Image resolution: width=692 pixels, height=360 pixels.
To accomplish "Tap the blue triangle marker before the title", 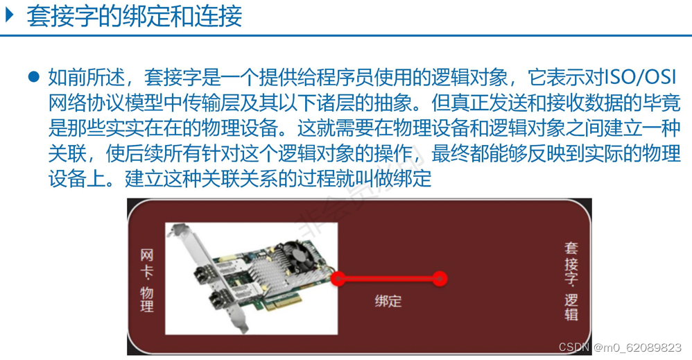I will click(x=10, y=15).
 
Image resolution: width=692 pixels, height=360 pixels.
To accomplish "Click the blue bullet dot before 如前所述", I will click(x=33, y=77).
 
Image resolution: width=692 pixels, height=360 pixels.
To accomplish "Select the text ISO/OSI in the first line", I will click(x=641, y=77).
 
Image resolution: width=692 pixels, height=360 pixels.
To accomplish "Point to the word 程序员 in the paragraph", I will click(x=354, y=77).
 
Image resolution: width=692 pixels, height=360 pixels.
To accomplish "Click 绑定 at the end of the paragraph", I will click(x=413, y=179).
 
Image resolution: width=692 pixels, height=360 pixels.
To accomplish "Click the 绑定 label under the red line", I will click(x=388, y=301).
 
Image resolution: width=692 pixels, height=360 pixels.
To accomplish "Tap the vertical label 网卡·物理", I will click(x=146, y=280).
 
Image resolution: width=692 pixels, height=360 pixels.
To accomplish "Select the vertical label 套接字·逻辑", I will click(x=571, y=280).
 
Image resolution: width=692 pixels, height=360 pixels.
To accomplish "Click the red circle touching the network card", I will click(x=338, y=279).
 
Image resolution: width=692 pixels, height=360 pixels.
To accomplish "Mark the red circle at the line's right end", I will click(x=439, y=279).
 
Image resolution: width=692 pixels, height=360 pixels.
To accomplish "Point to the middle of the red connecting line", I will click(x=388, y=279).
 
